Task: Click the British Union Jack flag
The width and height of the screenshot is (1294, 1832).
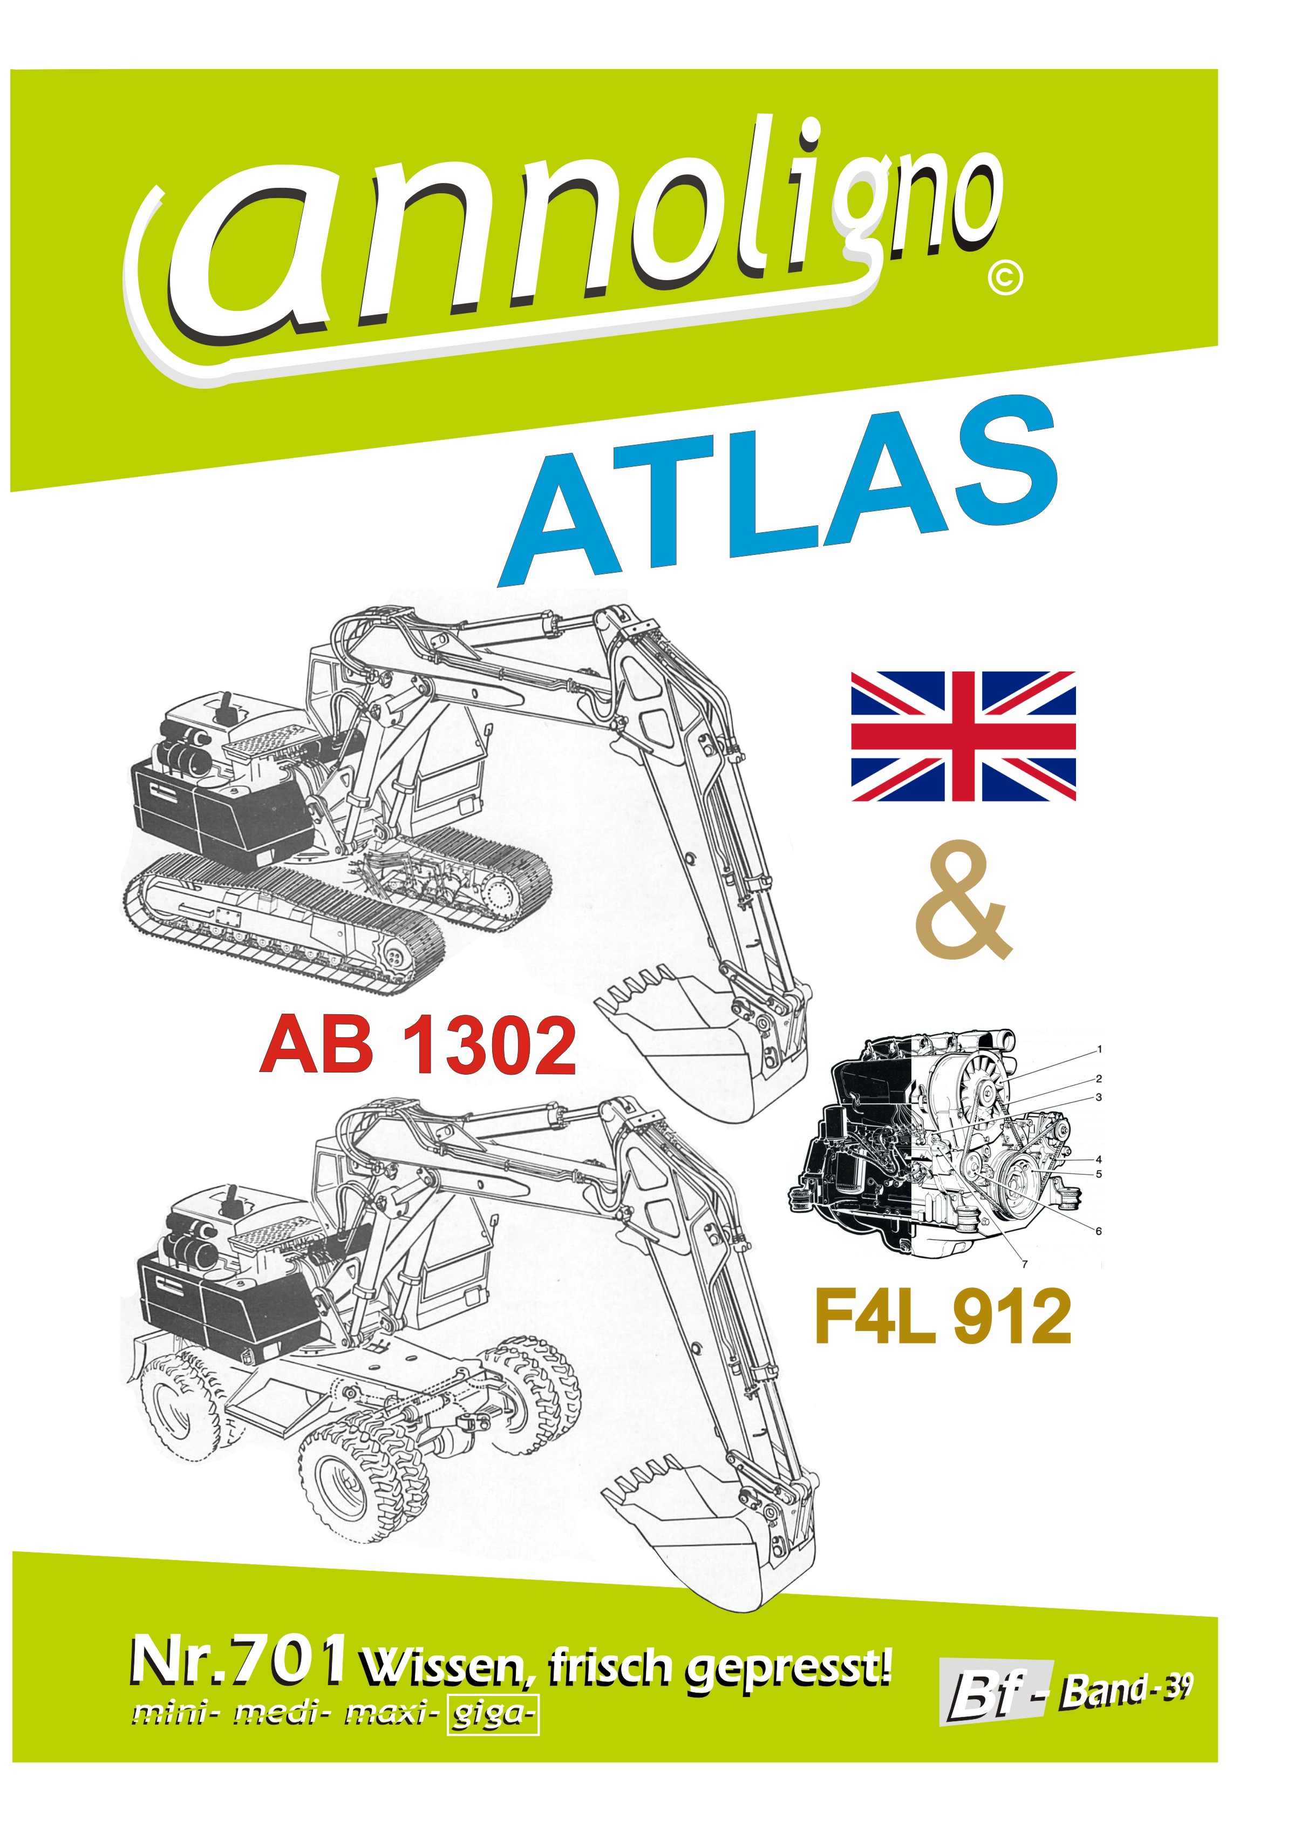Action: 963,736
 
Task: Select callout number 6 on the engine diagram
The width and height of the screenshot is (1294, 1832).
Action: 1099,1231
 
